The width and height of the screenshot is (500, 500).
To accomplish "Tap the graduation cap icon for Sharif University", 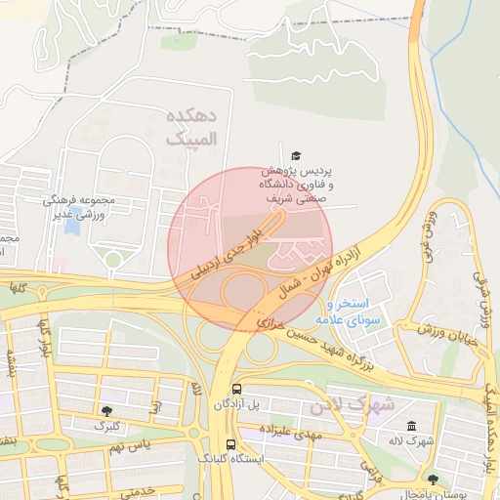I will click(x=296, y=155).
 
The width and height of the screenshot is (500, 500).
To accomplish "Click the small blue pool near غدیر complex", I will click(x=72, y=224).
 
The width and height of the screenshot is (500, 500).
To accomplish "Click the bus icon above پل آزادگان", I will click(x=234, y=388).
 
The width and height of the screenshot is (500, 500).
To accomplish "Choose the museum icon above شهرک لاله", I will click(x=411, y=427).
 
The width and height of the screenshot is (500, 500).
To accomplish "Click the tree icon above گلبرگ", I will click(x=105, y=411).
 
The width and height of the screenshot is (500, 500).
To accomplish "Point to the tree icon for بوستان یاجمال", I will click(x=434, y=479).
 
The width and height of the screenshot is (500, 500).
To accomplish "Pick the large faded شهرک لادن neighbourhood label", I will click(x=352, y=403).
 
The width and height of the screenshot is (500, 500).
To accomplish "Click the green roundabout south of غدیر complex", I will click(x=113, y=260).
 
